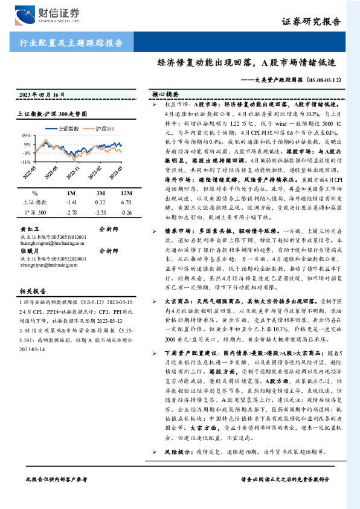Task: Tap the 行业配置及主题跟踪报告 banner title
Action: pyautogui.click(x=72, y=43)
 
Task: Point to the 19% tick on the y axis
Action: pyautogui.click(x=25, y=137)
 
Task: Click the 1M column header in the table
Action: pyautogui.click(x=72, y=192)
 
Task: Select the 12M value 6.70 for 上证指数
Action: pyautogui.click(x=126, y=202)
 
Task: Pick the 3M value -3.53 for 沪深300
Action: pyautogui.click(x=100, y=213)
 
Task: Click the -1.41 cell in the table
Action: pyautogui.click(x=72, y=202)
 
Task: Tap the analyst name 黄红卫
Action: pyautogui.click(x=29, y=230)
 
